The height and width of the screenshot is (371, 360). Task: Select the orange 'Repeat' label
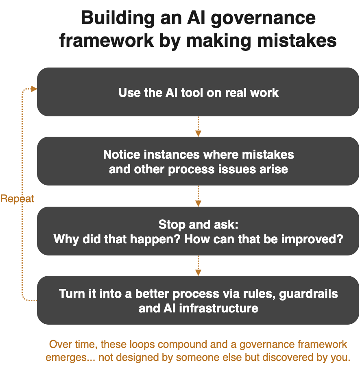17,199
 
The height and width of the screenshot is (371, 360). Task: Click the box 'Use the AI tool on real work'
198,92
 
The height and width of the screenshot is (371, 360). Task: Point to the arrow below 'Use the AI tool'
198,127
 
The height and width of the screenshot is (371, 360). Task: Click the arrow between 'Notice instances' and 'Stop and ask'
198,196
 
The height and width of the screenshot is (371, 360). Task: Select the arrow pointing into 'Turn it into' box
198,266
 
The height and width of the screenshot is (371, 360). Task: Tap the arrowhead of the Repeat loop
34,89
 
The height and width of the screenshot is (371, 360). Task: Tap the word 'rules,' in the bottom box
255,294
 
